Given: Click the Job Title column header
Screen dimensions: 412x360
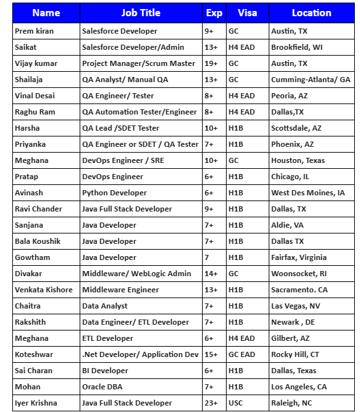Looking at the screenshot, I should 141,13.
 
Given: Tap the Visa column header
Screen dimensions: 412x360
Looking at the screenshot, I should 247,13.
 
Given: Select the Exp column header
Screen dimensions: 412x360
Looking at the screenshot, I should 214,13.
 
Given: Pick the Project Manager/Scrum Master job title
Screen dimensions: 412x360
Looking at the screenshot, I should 139,63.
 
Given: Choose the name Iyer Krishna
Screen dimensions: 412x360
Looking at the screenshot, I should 36,403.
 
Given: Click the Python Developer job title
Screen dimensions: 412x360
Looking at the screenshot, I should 114,193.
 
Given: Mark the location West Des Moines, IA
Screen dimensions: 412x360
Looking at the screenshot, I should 308,193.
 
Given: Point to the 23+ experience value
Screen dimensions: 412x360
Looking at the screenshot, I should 211,403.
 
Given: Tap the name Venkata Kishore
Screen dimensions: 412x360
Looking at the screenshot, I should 43,290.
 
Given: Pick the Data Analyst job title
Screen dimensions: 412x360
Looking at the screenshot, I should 105,306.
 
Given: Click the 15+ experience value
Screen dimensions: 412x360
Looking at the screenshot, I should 211,354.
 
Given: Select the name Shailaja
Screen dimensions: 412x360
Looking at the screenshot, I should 28,80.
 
